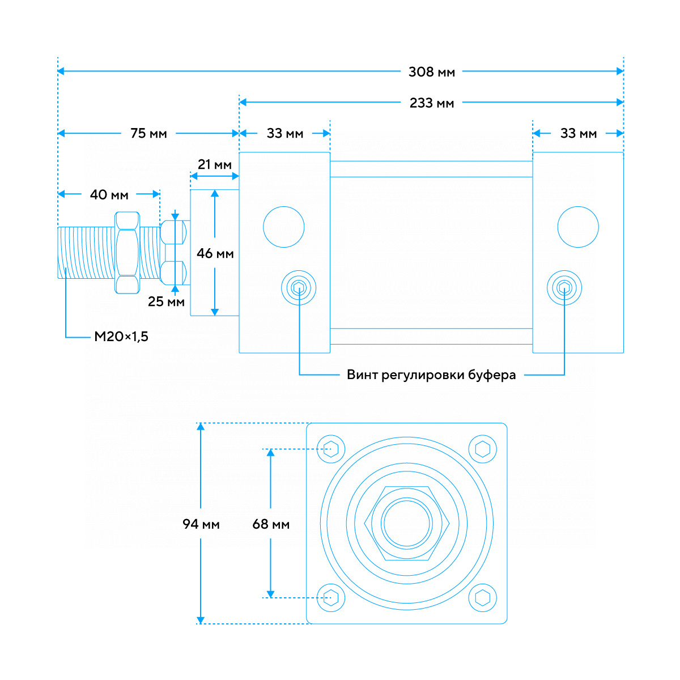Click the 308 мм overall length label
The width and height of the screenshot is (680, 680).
431,72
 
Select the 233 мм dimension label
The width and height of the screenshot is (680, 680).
431,103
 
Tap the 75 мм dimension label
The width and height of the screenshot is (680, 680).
148,134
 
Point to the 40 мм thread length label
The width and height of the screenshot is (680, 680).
109,195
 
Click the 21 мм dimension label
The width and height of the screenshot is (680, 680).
214,165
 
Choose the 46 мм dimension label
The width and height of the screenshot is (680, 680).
215,253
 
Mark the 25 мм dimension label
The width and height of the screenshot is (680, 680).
166,302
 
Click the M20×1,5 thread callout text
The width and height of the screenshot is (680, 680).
121,337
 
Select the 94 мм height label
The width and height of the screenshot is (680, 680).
201,524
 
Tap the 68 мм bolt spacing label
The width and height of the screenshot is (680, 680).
271,524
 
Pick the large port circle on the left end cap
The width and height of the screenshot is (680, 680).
284,227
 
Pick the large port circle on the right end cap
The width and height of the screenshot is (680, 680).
578,227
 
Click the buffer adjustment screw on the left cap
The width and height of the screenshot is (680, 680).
299,288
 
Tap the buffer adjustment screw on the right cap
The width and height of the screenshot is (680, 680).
564,288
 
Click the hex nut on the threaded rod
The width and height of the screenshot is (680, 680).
127,252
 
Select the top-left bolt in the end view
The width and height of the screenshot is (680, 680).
331,449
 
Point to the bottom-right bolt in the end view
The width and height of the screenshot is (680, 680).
483,598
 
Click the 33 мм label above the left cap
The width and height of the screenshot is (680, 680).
284,134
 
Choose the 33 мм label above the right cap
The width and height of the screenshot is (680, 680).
578,134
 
